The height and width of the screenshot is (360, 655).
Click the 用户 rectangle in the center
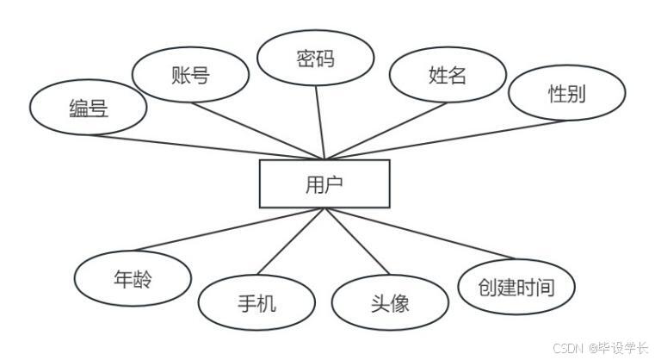pyautogui.click(x=324, y=183)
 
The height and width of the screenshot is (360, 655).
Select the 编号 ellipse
pyautogui.click(x=87, y=108)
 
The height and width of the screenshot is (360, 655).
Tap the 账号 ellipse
pyautogui.click(x=190, y=74)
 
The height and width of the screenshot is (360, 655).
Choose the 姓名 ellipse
pyautogui.click(x=447, y=75)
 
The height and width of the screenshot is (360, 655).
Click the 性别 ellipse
pyautogui.click(x=566, y=94)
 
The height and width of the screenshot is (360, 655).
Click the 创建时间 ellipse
pyautogui.click(x=516, y=287)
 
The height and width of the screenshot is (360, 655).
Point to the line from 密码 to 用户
pyautogui.click(x=320, y=124)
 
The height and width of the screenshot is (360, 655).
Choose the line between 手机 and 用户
pyautogui.click(x=291, y=243)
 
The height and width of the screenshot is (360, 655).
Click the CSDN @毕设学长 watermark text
pyautogui.click(x=600, y=348)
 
